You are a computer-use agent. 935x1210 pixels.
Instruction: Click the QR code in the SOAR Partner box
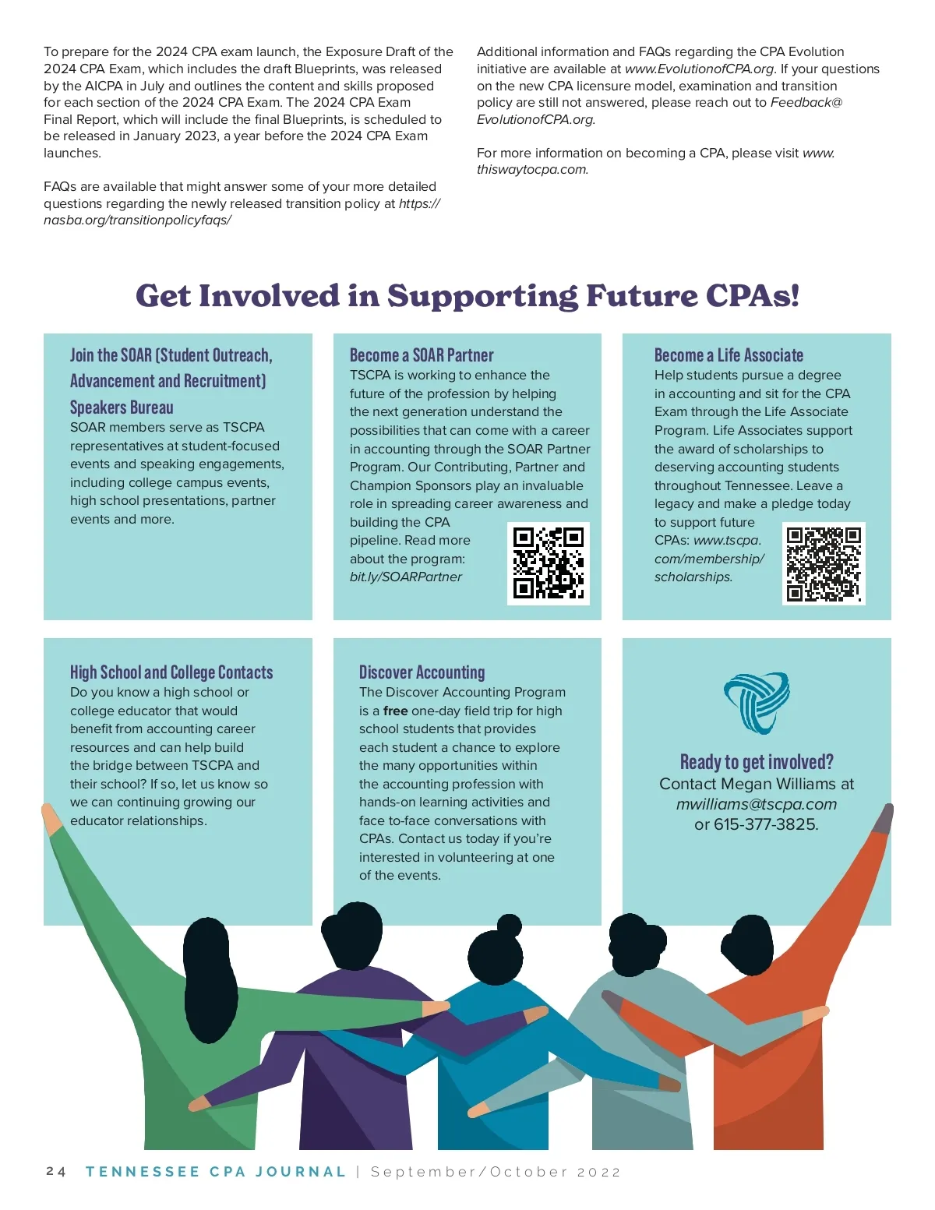(548, 563)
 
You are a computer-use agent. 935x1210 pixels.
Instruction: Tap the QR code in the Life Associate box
(823, 563)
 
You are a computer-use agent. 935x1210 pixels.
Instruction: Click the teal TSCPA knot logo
(756, 701)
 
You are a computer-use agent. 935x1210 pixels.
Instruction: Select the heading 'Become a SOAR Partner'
(422, 355)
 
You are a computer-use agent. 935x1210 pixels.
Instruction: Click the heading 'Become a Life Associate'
(729, 355)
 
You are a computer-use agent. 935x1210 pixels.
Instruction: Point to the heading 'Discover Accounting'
(422, 672)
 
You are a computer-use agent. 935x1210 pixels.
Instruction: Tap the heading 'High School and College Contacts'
(171, 672)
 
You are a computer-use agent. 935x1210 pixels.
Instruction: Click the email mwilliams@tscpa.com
(756, 804)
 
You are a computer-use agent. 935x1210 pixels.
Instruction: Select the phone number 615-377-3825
(765, 824)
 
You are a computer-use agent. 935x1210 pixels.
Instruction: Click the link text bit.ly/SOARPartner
(405, 577)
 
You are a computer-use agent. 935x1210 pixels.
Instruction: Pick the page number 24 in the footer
(56, 1172)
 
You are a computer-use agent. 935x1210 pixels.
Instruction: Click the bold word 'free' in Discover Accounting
(395, 711)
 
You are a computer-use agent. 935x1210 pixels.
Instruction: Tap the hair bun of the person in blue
(510, 925)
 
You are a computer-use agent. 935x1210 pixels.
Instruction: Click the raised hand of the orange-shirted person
(884, 818)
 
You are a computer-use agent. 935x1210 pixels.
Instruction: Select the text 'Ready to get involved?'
(756, 761)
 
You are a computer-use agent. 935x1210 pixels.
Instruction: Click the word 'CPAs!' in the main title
(752, 296)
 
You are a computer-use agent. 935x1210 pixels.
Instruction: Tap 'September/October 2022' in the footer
(496, 1172)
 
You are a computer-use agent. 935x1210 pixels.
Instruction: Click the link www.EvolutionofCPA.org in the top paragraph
(699, 69)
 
